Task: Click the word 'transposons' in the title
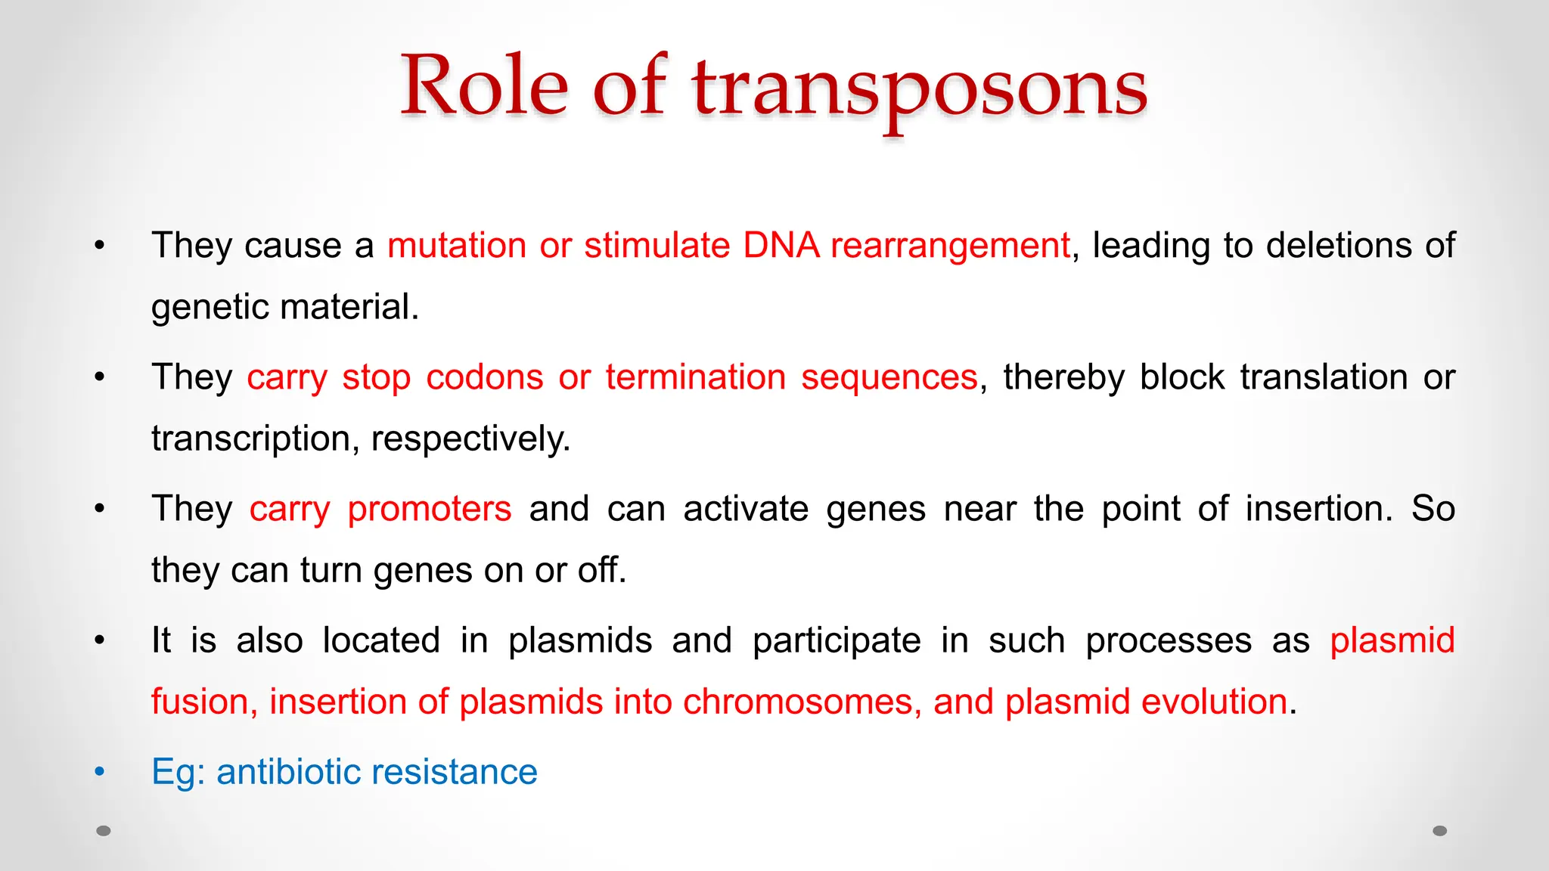919,89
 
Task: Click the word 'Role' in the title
484,86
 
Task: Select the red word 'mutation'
457,246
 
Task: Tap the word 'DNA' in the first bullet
781,246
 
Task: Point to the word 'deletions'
1339,246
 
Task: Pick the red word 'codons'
484,377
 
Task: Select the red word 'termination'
695,377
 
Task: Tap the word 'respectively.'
470,439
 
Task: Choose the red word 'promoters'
429,509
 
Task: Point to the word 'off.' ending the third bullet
602,570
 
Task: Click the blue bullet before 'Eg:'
100,772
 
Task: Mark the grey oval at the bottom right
1440,831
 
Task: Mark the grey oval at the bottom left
104,831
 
